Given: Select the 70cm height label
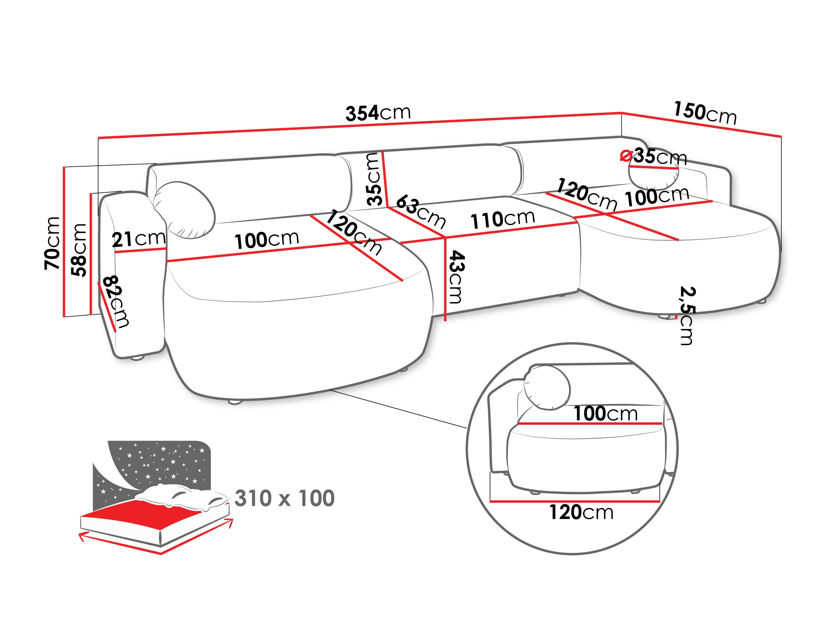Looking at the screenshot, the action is click(x=52, y=243).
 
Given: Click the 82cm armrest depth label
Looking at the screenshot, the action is click(x=116, y=302).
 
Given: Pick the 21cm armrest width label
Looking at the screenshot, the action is click(x=139, y=239).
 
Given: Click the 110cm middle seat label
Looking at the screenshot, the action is click(x=503, y=219).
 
